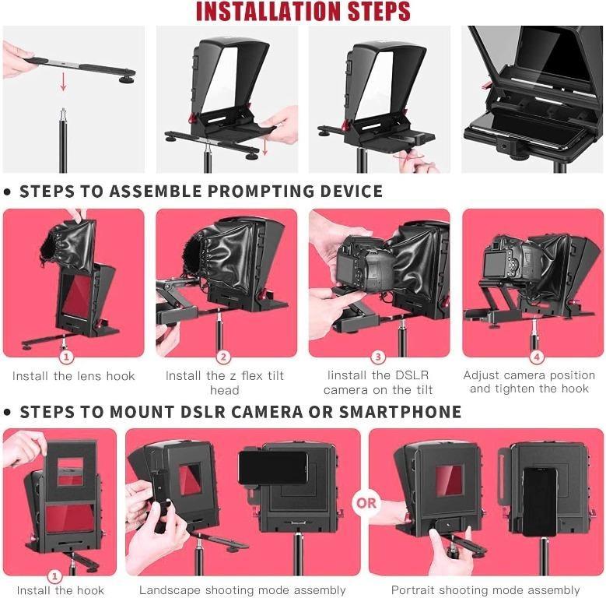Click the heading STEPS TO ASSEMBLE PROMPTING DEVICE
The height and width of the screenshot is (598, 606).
201,192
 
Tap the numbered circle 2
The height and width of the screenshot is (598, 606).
224,357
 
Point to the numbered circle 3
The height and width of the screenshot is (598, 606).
378,357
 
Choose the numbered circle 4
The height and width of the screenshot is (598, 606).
536,357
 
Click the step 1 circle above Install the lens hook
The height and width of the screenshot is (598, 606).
67,357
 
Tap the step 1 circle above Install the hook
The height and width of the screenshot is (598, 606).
55,577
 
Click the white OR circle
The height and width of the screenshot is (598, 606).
366,502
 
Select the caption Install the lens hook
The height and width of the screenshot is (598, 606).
74,376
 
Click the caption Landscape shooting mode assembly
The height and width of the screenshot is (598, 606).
242,590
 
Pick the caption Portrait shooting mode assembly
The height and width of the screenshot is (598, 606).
485,590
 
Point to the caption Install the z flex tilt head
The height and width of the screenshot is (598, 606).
225,382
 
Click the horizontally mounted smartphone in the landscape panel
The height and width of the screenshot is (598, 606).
272,467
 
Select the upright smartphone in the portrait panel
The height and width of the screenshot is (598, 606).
539,501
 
